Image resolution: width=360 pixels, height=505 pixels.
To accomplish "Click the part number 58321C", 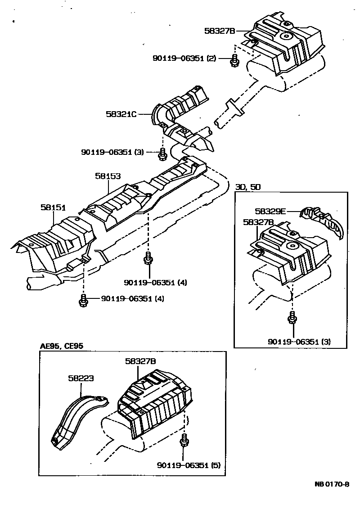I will coord(121,114).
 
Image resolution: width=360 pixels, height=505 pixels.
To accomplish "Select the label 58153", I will coord(108,176).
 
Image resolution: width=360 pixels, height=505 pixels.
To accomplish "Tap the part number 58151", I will coord(53,207).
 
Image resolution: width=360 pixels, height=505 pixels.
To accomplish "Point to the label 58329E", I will coord(270,210).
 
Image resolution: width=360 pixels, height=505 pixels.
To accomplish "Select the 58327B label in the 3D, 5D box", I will coord(258,222).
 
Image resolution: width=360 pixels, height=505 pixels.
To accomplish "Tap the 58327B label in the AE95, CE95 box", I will coord(140,361).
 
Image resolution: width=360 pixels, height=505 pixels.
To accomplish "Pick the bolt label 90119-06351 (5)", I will coord(189,465).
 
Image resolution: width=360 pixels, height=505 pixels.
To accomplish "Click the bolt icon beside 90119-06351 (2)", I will coord(234,61).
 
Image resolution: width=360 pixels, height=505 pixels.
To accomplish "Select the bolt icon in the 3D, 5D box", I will coord(292,318).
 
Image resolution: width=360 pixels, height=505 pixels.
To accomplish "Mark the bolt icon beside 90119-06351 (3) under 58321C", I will coord(162,154).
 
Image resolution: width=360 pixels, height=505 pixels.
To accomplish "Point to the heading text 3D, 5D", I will coord(247,187).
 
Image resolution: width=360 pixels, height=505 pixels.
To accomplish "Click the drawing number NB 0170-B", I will coord(332,485).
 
